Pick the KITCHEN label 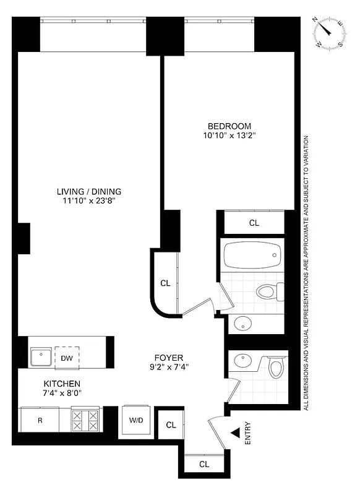point(61,384)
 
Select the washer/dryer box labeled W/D point(136,421)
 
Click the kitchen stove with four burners point(86,420)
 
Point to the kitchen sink point(41,357)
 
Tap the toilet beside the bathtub point(268,291)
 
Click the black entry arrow point(236,435)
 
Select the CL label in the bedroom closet point(254,223)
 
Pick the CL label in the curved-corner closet point(165,283)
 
